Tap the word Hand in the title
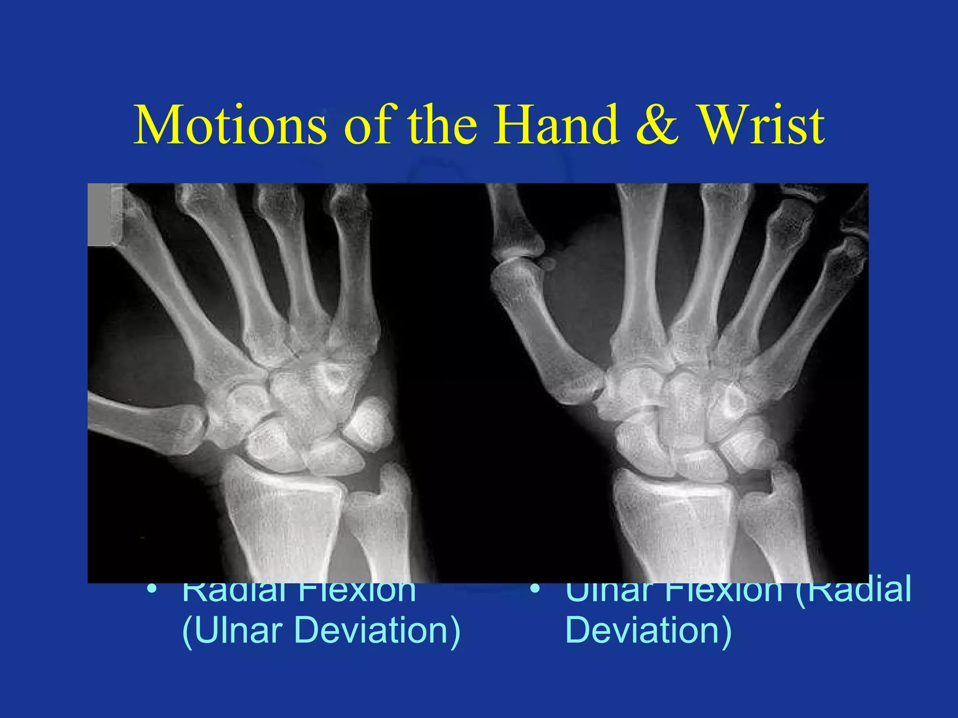pos(557,125)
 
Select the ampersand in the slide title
pos(657,125)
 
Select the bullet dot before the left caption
pos(151,588)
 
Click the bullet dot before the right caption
pos(535,588)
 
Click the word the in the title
pos(443,125)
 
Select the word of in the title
pos(370,125)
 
